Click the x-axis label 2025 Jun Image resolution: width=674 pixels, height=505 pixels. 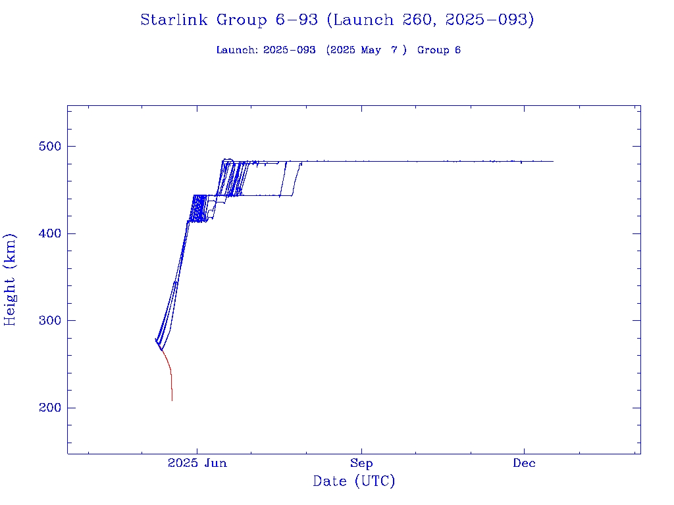tap(197, 463)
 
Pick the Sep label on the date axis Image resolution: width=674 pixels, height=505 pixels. tap(361, 463)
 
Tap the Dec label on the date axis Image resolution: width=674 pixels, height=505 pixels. tap(525, 463)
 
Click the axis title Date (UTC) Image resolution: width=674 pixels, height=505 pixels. tap(354, 481)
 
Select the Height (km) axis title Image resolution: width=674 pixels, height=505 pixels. tap(10, 279)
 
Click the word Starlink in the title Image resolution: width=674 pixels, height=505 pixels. tap(176, 20)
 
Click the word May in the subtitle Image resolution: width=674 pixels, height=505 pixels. tap(371, 50)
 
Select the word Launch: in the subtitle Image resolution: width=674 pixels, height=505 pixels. tap(237, 50)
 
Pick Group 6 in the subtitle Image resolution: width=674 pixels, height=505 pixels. tap(439, 50)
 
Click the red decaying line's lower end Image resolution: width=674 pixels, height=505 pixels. tap(172, 400)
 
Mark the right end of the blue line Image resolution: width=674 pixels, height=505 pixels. tap(553, 161)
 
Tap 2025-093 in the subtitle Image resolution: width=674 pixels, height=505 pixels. tap(289, 50)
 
